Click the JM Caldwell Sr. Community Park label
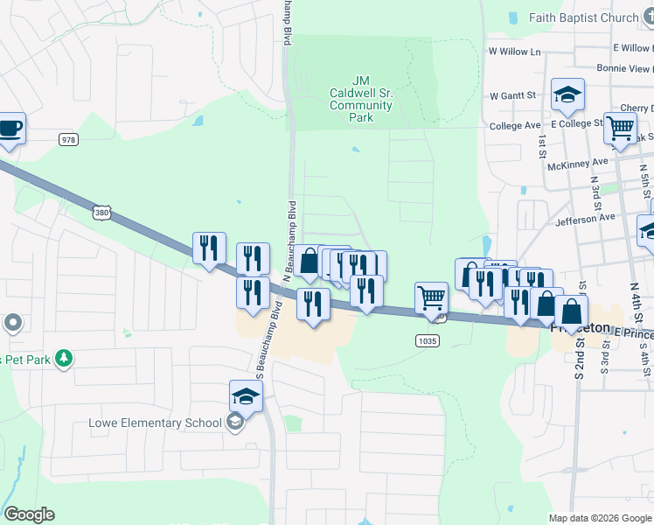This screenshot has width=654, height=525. (x=361, y=99)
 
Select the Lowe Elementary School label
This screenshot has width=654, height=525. (x=156, y=423)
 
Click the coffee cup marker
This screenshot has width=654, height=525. (x=10, y=128)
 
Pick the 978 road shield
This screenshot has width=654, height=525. (x=68, y=139)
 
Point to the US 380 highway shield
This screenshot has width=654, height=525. (x=102, y=213)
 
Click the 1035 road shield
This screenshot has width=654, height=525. (x=428, y=340)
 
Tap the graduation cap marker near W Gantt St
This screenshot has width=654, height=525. (x=567, y=95)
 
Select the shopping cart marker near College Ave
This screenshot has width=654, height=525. (x=620, y=128)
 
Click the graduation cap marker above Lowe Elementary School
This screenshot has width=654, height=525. (x=246, y=397)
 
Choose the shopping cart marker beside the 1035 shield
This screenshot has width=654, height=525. (x=431, y=298)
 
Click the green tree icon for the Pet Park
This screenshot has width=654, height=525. (x=63, y=358)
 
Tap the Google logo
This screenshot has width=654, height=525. (x=29, y=514)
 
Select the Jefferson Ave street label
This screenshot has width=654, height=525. (x=585, y=217)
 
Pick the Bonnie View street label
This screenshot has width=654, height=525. (x=623, y=68)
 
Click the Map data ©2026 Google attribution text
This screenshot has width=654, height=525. (x=600, y=517)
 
